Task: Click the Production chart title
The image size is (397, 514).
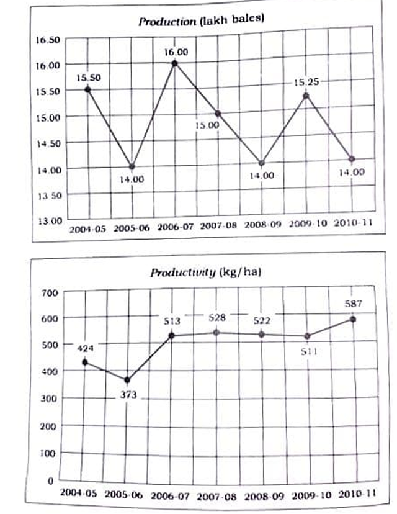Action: (x=201, y=20)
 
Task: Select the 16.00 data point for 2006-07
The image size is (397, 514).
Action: (x=175, y=63)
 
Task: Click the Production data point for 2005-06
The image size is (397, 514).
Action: (x=131, y=166)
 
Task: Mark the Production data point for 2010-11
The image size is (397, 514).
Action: (x=352, y=159)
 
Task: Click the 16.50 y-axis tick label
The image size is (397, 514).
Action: (x=48, y=40)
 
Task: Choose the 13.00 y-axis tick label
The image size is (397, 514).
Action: (x=48, y=220)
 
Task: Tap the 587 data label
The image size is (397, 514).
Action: (x=353, y=304)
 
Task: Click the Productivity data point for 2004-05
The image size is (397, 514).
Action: (x=84, y=363)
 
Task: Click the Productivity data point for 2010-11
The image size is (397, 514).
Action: (x=352, y=319)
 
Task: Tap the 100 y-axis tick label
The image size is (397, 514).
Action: (x=49, y=453)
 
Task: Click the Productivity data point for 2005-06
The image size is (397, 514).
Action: (x=127, y=380)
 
